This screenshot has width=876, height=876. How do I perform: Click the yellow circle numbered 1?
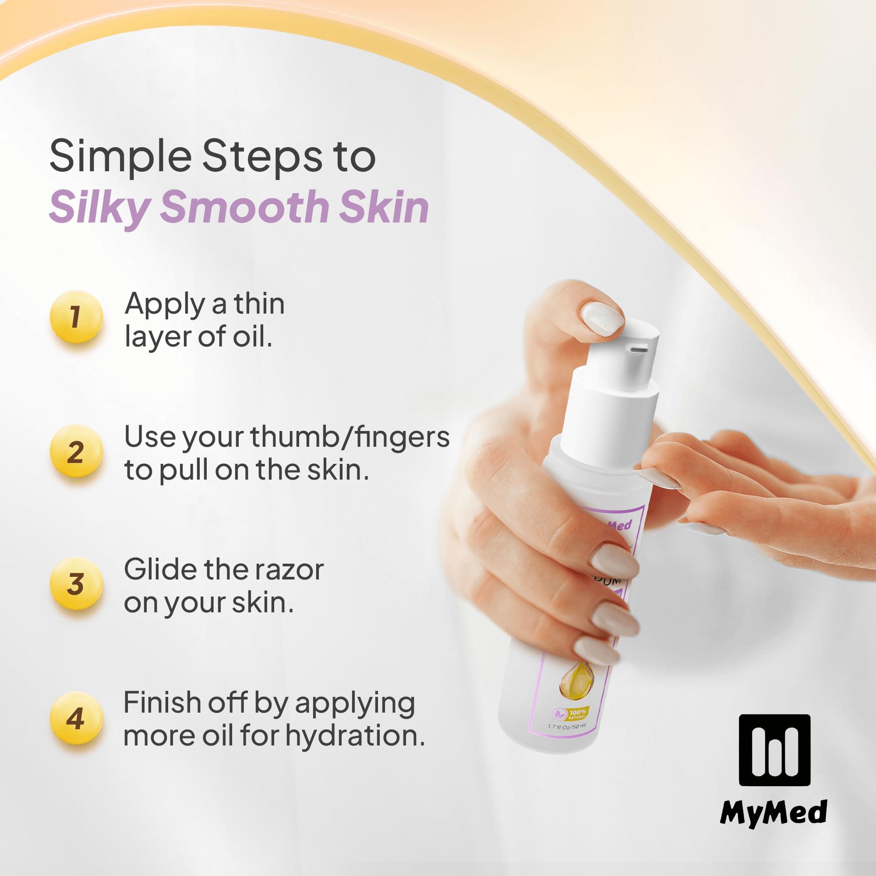(x=76, y=317)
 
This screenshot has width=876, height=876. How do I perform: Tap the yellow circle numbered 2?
(x=76, y=452)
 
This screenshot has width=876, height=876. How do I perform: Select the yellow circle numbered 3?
(x=76, y=583)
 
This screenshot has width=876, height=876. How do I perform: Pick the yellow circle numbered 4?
(x=76, y=719)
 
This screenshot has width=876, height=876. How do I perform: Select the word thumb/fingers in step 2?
(x=350, y=437)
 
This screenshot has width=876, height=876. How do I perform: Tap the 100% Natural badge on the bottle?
(x=569, y=714)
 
